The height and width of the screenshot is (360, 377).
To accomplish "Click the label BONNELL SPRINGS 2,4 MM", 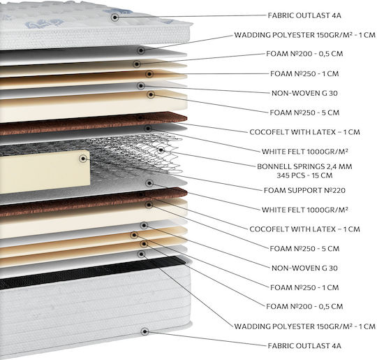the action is [304, 166].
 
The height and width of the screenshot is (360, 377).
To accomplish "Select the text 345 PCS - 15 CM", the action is [304, 175].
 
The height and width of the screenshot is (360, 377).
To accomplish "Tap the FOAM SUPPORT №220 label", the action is [304, 190].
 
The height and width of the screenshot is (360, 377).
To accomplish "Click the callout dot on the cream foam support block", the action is [84, 159].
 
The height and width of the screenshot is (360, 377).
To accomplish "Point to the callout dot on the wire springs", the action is [161, 150].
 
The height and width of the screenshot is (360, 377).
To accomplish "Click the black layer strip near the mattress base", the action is [91, 272].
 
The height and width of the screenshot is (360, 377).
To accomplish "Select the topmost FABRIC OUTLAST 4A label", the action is [304, 15].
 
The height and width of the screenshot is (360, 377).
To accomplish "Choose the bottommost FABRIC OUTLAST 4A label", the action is [304, 346].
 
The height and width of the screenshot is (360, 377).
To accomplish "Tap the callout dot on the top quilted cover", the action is [115, 17].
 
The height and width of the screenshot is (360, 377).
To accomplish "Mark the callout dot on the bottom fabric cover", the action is [145, 331].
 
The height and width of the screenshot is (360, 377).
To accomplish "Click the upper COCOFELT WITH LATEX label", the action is [304, 132].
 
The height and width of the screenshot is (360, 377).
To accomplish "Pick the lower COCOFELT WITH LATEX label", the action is [304, 229].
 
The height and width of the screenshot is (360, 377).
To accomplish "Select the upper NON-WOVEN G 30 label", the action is [304, 93].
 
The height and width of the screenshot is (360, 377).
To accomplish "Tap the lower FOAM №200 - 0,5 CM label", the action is [304, 307].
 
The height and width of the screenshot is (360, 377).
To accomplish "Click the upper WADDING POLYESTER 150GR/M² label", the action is [304, 35].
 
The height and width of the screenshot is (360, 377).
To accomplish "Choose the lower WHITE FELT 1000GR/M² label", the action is [304, 210].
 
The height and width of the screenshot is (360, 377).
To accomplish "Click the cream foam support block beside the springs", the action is [45, 171].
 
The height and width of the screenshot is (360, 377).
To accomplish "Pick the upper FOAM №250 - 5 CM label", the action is [304, 113].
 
